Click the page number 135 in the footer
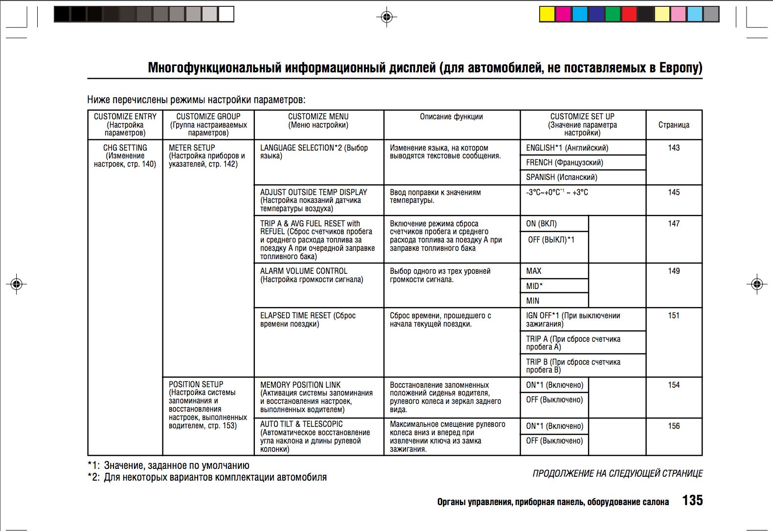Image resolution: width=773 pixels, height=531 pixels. pos(692,500)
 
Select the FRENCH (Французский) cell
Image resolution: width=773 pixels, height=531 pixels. pos(564,162)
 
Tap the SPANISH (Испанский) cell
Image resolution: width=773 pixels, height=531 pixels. pos(561,177)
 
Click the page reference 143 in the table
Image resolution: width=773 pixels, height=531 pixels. pos(674,148)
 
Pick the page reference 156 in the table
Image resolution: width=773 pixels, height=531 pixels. pos(674,426)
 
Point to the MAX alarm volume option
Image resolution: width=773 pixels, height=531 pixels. pos(534,271)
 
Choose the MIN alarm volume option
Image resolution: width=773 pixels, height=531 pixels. pos(533,301)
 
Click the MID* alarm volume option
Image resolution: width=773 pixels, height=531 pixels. pos(534,286)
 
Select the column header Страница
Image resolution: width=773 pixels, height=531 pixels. pos(674,125)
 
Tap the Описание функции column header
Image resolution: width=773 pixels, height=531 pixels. pos(451,116)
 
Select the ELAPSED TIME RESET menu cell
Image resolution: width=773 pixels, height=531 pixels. pos(308,320)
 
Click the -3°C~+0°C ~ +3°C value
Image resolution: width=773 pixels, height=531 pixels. pos(557,193)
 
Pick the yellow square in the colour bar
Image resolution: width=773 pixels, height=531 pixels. pos(546,14)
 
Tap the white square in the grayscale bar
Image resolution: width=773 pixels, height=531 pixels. pos(226,14)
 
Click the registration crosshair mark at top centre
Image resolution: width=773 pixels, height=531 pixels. pos(386,18)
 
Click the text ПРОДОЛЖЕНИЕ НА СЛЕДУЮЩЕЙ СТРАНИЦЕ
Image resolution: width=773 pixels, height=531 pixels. pos(617,473)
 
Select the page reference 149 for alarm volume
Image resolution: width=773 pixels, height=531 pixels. pos(674,271)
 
